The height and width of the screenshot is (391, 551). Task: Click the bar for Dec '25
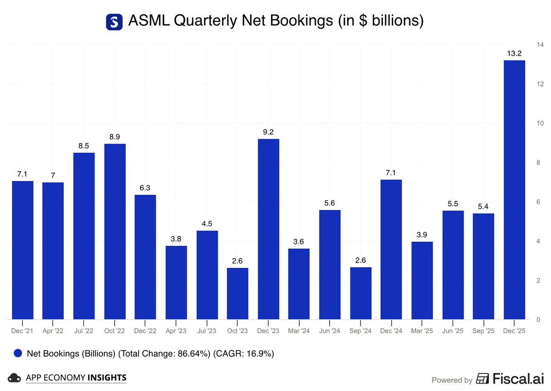[x=514, y=190]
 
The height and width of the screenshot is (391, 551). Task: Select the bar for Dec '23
[x=268, y=229]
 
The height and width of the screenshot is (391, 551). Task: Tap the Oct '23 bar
[x=237, y=294]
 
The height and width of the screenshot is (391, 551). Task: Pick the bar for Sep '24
[x=360, y=293]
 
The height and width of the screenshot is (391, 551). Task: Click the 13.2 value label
[x=514, y=54]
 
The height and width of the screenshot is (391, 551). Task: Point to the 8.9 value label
[x=115, y=137]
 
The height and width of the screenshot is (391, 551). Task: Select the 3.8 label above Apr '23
[x=176, y=239]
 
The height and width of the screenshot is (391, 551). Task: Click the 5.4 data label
[x=483, y=206]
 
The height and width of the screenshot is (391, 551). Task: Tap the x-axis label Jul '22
[x=84, y=330]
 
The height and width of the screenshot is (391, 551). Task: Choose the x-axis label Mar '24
[x=299, y=330]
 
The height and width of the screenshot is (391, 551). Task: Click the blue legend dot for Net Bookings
[x=18, y=353]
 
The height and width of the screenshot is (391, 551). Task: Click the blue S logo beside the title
[x=114, y=22]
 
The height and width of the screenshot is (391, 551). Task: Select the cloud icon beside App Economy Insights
[x=16, y=378]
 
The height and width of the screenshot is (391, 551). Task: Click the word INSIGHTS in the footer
[x=107, y=378]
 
